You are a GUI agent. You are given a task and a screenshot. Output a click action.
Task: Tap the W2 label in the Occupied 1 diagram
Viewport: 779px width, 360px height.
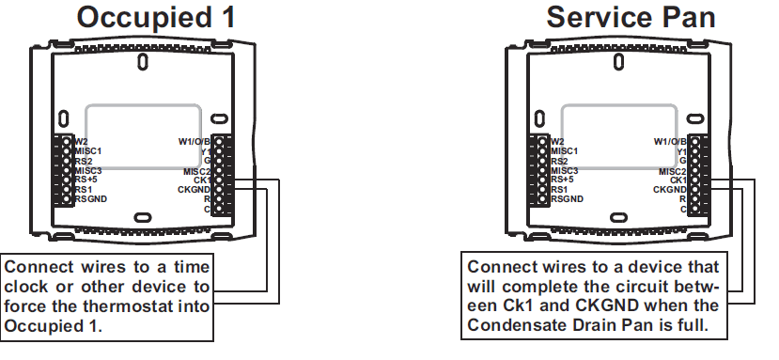point(82,141)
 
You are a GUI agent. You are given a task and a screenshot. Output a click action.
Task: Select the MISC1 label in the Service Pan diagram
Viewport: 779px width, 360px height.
point(566,151)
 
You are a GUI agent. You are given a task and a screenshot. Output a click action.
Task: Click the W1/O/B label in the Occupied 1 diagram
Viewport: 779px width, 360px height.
point(195,141)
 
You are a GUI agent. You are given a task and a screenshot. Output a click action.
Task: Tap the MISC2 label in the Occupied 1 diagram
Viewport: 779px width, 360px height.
point(198,170)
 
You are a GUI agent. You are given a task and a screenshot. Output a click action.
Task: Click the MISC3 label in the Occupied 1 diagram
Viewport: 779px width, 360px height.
point(89,170)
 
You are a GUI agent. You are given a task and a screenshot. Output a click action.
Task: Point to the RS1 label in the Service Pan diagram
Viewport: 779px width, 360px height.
point(560,189)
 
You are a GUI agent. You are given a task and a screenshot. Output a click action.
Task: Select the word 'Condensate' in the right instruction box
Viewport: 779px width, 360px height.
point(521,323)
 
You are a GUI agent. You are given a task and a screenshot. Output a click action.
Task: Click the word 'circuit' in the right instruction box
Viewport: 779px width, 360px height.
point(639,286)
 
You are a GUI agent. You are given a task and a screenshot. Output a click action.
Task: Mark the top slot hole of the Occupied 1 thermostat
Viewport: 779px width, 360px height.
point(142,63)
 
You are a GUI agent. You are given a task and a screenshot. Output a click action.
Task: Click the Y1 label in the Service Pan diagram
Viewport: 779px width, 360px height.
point(680,151)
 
